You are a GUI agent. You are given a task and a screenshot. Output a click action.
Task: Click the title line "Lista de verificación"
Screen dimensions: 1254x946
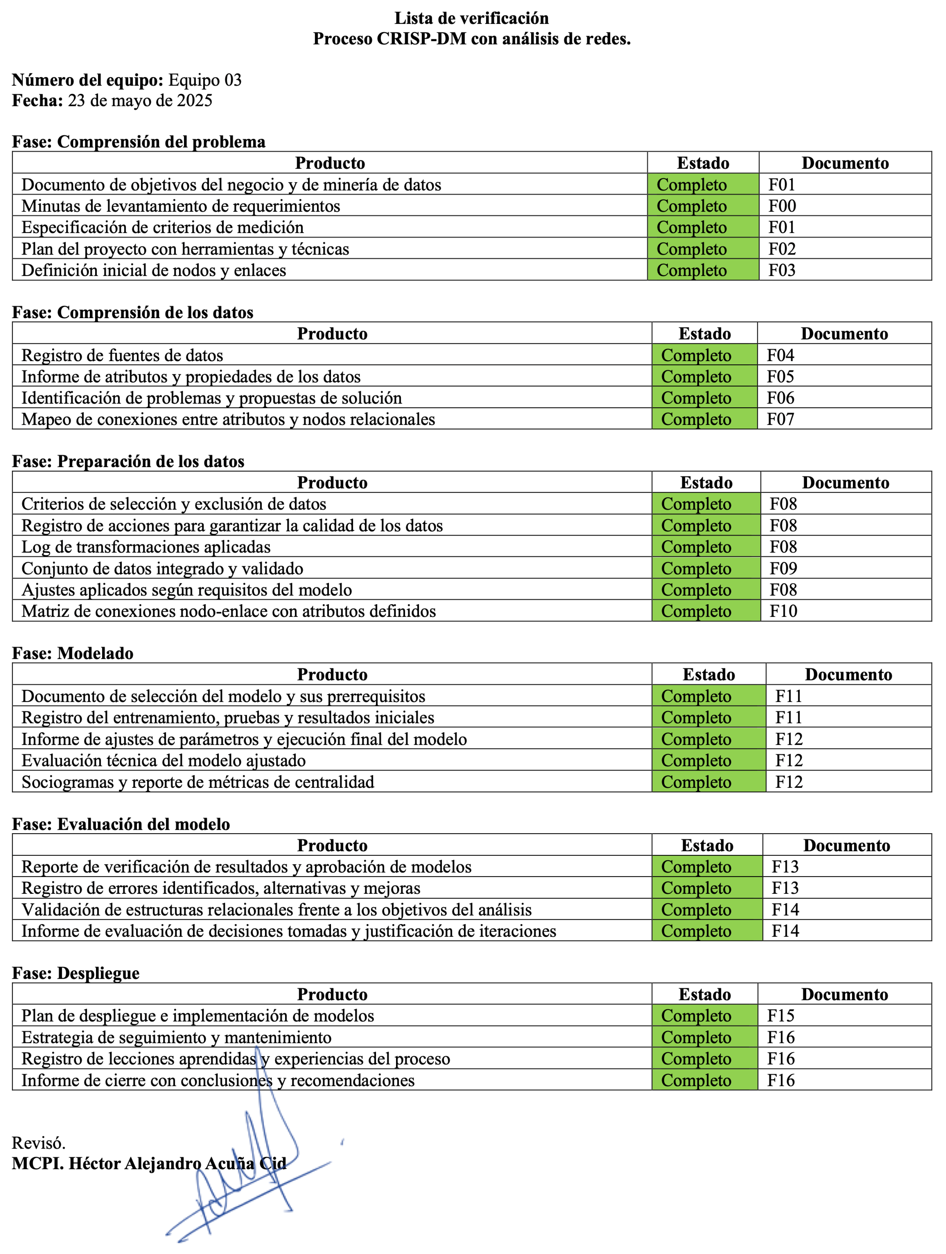[471, 18]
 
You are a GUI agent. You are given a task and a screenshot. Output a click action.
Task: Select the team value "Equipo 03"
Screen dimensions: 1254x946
[205, 80]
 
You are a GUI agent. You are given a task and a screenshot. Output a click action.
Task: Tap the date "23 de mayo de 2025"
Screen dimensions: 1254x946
[140, 101]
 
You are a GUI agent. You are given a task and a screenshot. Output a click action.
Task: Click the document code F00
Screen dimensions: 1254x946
[782, 206]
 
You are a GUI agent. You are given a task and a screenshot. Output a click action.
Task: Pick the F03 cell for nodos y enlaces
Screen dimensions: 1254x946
[782, 270]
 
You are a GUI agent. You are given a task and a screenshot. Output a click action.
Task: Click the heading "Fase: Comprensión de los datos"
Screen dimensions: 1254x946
[133, 312]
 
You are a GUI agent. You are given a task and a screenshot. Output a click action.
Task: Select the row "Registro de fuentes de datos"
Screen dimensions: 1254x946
[122, 356]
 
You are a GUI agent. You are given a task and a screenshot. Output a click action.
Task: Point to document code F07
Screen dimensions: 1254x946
[781, 419]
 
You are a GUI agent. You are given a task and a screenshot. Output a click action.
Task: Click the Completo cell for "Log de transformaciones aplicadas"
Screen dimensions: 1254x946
[696, 547]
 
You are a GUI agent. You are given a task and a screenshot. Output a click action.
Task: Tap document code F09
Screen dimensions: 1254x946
[783, 569]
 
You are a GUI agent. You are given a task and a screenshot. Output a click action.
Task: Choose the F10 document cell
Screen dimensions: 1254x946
[783, 611]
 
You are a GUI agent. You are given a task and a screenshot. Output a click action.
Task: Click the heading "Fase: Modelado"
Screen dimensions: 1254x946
[73, 653]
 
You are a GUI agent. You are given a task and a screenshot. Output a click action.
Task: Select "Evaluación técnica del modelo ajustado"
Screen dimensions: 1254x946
[163, 761]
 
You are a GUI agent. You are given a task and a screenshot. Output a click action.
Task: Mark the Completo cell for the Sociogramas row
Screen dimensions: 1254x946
[696, 782]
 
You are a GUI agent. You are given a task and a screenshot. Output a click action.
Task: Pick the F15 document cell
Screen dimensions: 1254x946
[781, 1016]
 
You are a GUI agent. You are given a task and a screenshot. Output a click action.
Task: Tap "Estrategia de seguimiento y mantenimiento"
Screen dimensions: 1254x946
[176, 1037]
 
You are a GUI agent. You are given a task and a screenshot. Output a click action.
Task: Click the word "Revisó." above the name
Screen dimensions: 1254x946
[39, 1143]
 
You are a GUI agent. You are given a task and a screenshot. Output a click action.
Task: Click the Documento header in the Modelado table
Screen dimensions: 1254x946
[849, 675]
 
